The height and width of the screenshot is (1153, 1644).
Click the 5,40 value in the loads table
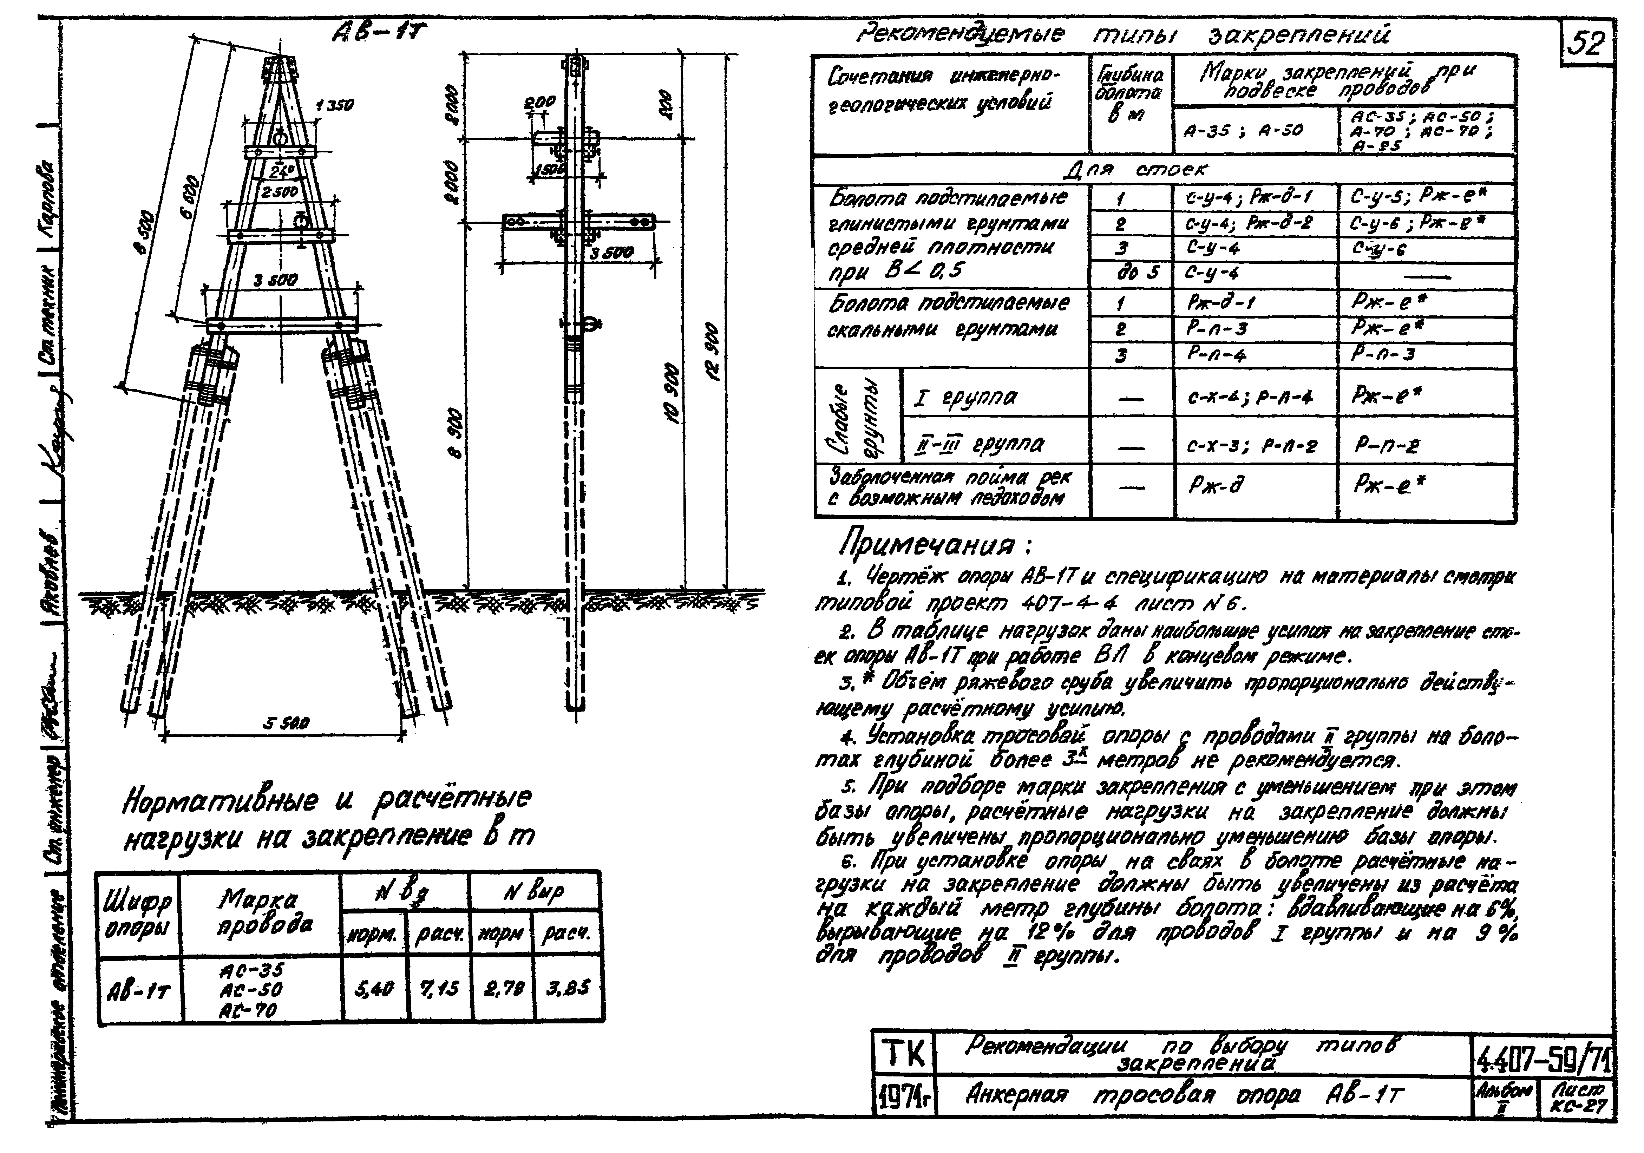pos(374,989)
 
